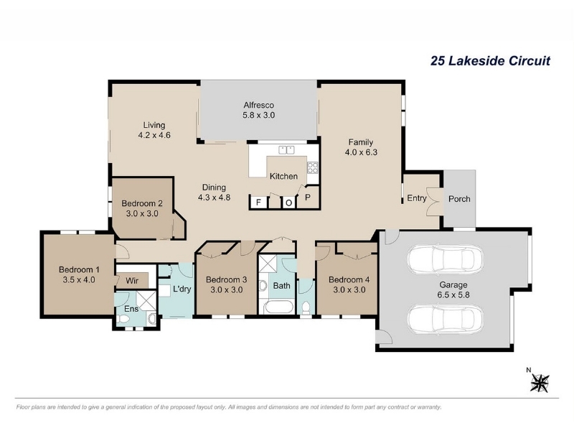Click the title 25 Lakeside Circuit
[x=490, y=60]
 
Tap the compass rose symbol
[x=540, y=383]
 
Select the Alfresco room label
[x=259, y=105]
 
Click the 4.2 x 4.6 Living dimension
[x=154, y=135]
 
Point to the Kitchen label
[x=283, y=176]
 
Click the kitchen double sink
[x=286, y=150]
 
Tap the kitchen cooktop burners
[x=313, y=167]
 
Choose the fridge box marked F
[x=258, y=203]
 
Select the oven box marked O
[x=289, y=203]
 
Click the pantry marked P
[x=308, y=198]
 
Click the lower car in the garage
[x=445, y=319]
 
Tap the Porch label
[x=459, y=199]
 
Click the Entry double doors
[x=435, y=202]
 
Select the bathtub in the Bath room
[x=278, y=307]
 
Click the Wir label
[x=132, y=281]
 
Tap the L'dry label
[x=182, y=289]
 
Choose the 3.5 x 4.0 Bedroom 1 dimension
[x=79, y=279]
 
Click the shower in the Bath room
[x=268, y=264]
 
